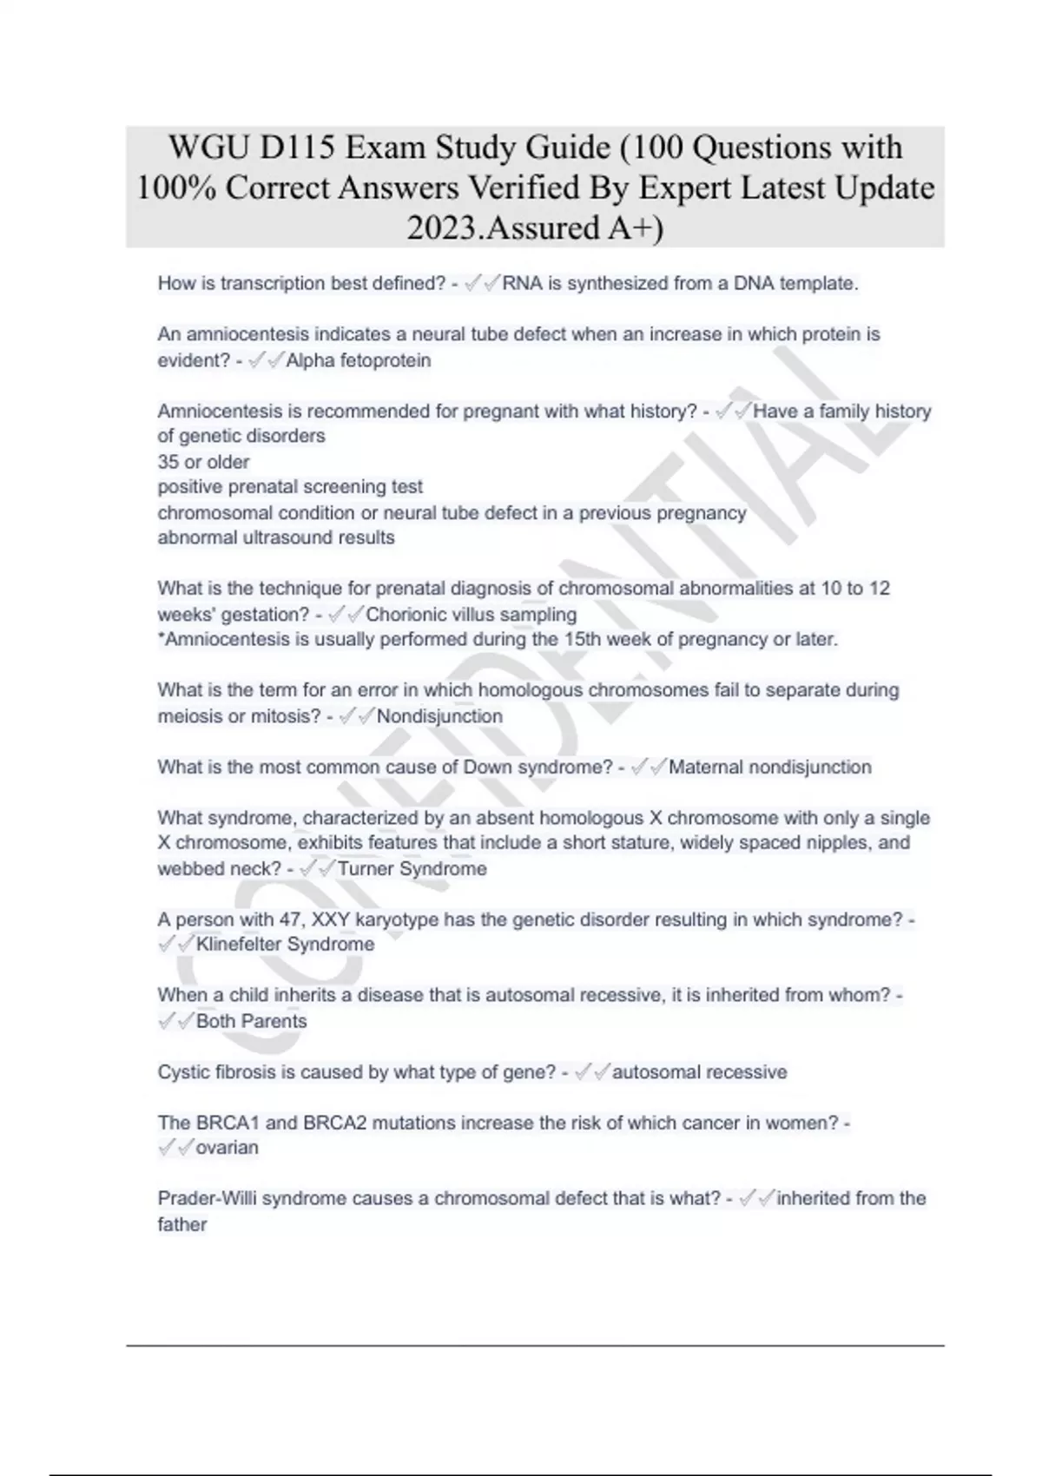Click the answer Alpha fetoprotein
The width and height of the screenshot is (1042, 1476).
[x=358, y=360]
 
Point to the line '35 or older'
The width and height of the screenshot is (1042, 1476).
[x=203, y=462]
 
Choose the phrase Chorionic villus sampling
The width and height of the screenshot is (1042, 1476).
[x=472, y=615]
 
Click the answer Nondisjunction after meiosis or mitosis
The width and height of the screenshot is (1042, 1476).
[x=439, y=716]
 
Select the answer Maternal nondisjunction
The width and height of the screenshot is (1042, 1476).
[x=769, y=768]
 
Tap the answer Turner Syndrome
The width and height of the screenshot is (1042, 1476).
[x=412, y=868]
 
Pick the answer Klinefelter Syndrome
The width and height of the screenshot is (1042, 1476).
[x=285, y=945]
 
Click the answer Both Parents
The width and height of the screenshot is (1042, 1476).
[x=251, y=1021]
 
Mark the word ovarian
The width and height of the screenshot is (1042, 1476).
[x=227, y=1148]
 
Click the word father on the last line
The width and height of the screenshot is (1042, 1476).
[x=182, y=1225]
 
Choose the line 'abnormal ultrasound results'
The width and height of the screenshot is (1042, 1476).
[x=275, y=538]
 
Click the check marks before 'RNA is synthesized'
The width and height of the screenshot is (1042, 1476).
[x=483, y=284]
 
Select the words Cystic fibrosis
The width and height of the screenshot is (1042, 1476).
[x=215, y=1072]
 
